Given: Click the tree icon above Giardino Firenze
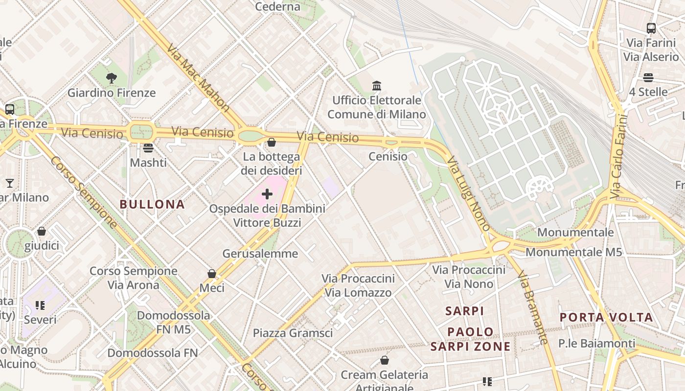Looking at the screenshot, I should [x=112, y=78].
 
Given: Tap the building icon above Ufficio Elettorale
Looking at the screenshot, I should [x=377, y=86].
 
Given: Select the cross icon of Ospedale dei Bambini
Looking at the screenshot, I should [x=267, y=194].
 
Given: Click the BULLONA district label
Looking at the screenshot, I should [x=152, y=204].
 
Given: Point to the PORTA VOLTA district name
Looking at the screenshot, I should [x=606, y=317].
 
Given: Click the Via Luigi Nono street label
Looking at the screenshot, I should [x=468, y=194].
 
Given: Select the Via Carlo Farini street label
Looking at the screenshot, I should [x=618, y=156].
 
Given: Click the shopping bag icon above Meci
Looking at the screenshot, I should [x=212, y=274].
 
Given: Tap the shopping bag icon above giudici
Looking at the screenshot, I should [x=42, y=231].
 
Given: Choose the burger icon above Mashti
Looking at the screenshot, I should [x=148, y=148].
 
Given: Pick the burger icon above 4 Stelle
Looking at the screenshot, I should [x=648, y=78].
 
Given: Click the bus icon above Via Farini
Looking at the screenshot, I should [x=651, y=28].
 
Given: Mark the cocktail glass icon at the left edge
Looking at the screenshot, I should [x=9, y=183].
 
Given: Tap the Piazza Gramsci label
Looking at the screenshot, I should [x=293, y=333].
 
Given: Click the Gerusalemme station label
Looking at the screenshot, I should [x=260, y=253].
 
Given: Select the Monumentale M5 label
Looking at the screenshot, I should [x=573, y=252].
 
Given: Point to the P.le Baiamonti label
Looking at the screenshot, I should [x=597, y=344].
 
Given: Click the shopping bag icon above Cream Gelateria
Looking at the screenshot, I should [x=385, y=361].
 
